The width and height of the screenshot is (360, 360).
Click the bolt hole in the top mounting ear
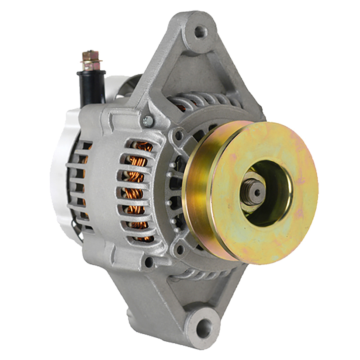coord(201,31)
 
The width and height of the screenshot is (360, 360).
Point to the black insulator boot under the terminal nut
coord(91,87)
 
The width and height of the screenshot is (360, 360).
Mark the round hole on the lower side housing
coord(149,262)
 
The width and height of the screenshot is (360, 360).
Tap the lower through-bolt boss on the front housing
coord(180,250)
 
